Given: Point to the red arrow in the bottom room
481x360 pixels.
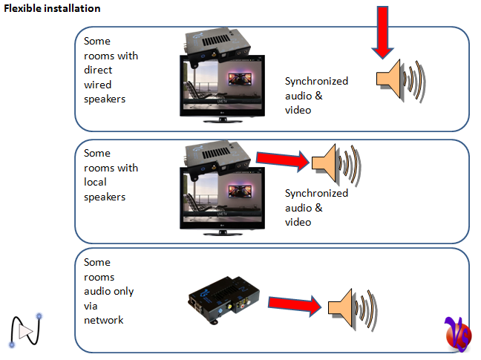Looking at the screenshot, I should tap(293, 304).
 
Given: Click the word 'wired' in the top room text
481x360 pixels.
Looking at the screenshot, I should tap(97, 85).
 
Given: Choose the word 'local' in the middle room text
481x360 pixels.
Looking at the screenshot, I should tap(97, 183).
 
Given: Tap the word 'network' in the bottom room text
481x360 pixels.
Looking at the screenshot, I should tap(104, 320).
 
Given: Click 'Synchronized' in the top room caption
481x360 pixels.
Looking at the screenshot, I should tap(316, 81).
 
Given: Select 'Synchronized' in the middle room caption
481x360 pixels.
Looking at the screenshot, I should tap(316, 193).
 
